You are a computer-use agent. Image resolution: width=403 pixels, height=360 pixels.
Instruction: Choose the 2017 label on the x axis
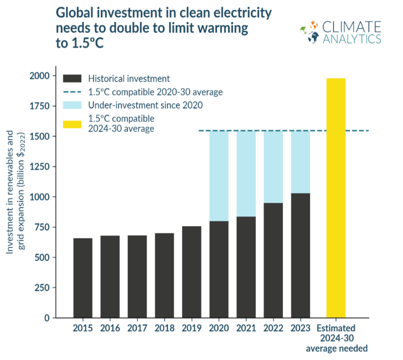click(x=137, y=328)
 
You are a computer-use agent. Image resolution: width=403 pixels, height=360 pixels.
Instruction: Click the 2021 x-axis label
click(x=246, y=328)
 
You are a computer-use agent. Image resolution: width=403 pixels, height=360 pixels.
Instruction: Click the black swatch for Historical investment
click(x=73, y=79)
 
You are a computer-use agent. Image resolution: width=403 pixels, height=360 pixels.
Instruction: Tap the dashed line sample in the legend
click(x=73, y=92)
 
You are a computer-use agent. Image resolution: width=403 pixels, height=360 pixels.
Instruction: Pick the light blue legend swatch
click(x=73, y=105)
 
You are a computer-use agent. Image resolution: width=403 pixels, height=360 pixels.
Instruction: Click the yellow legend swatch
click(x=73, y=122)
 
